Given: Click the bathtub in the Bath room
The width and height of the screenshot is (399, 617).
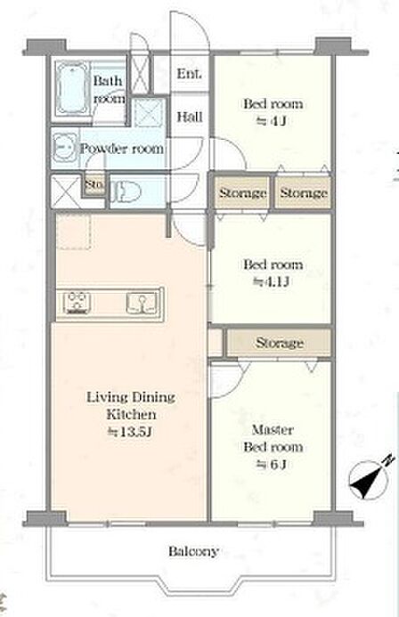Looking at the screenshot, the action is pos(71,88).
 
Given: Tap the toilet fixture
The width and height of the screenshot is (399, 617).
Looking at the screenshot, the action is pos(126,192).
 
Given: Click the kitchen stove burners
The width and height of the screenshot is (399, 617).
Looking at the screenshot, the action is pos(77,303).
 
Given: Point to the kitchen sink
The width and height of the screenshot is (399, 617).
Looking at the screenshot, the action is pos(142,303).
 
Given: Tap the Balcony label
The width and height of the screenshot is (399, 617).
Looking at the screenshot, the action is pos(193,552).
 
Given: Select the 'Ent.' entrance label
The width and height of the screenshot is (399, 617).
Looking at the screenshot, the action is pos(190,74).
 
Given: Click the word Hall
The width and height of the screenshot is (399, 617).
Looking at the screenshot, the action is pos(190,117).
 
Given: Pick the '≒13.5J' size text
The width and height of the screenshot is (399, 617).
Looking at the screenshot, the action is pos(130,433).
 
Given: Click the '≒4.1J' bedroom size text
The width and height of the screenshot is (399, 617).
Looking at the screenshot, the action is pos(273,281).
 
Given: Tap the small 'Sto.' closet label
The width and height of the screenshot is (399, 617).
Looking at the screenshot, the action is pos(94,183).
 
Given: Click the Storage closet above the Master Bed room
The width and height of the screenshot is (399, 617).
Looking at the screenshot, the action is pos(280,343).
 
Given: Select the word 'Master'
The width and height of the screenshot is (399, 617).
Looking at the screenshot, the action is pos(273,429).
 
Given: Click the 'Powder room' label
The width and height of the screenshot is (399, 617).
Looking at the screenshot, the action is pos(122,149).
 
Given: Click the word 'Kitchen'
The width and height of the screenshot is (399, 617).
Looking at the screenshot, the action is pos(132,414).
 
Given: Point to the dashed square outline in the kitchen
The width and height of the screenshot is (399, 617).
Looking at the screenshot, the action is pos(74,231).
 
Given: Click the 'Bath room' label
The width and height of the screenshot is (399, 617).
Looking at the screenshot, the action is pos(109,89).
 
